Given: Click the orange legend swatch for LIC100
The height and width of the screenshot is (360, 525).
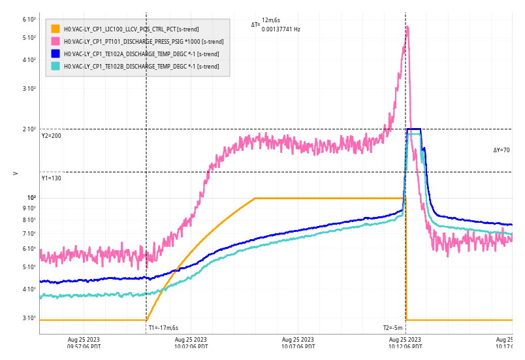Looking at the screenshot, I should click(56, 29).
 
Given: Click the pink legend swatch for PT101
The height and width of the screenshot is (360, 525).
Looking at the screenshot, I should click(56, 41).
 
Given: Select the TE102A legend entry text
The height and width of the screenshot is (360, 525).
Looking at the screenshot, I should click(141, 54).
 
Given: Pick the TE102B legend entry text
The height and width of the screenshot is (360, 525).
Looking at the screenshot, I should click(141, 66).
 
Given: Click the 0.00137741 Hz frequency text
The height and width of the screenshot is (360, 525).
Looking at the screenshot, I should click(281, 29).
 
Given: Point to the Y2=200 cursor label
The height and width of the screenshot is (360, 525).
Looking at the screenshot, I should click(51, 136).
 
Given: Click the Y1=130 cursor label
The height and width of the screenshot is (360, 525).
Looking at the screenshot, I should click(51, 178).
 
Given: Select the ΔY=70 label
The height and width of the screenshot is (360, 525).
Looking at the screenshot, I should click(501, 150).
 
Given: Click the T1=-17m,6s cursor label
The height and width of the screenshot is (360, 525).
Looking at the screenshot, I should click(163, 328).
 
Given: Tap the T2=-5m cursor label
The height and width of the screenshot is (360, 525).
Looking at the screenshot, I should click(393, 328).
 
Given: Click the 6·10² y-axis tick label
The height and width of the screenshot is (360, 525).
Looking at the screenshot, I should click(29, 20).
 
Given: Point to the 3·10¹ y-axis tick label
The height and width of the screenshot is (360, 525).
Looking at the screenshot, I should click(29, 318).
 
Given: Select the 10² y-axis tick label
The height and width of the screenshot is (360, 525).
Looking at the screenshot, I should click(31, 197).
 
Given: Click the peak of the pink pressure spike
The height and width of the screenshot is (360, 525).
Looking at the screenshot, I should click(407, 27).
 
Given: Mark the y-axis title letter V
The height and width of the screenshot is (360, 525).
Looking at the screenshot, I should click(16, 173).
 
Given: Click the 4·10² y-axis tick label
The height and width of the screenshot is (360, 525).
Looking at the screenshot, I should click(29, 60).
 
